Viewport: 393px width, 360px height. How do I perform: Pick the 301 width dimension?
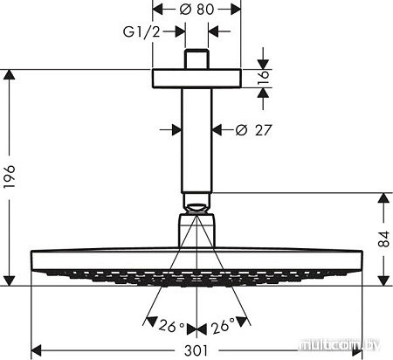pos(196,348)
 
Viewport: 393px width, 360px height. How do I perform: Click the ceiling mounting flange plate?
pos(196,77)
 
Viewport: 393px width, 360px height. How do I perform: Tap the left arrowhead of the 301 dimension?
pos(37,348)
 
